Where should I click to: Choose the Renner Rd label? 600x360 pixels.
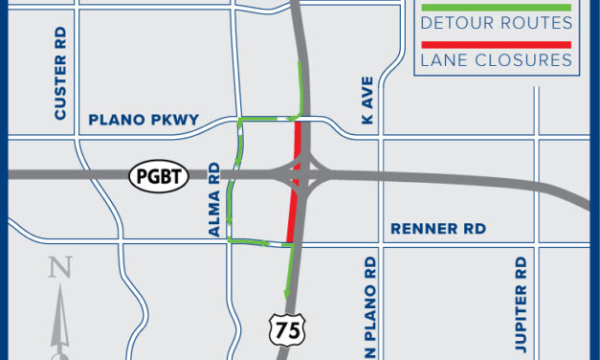439,229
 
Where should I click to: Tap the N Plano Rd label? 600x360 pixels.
367,306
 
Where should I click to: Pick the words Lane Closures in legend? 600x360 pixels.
496,60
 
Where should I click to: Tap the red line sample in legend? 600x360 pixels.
496,44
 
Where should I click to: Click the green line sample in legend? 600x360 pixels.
496,7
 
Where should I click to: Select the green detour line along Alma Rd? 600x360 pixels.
233,182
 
